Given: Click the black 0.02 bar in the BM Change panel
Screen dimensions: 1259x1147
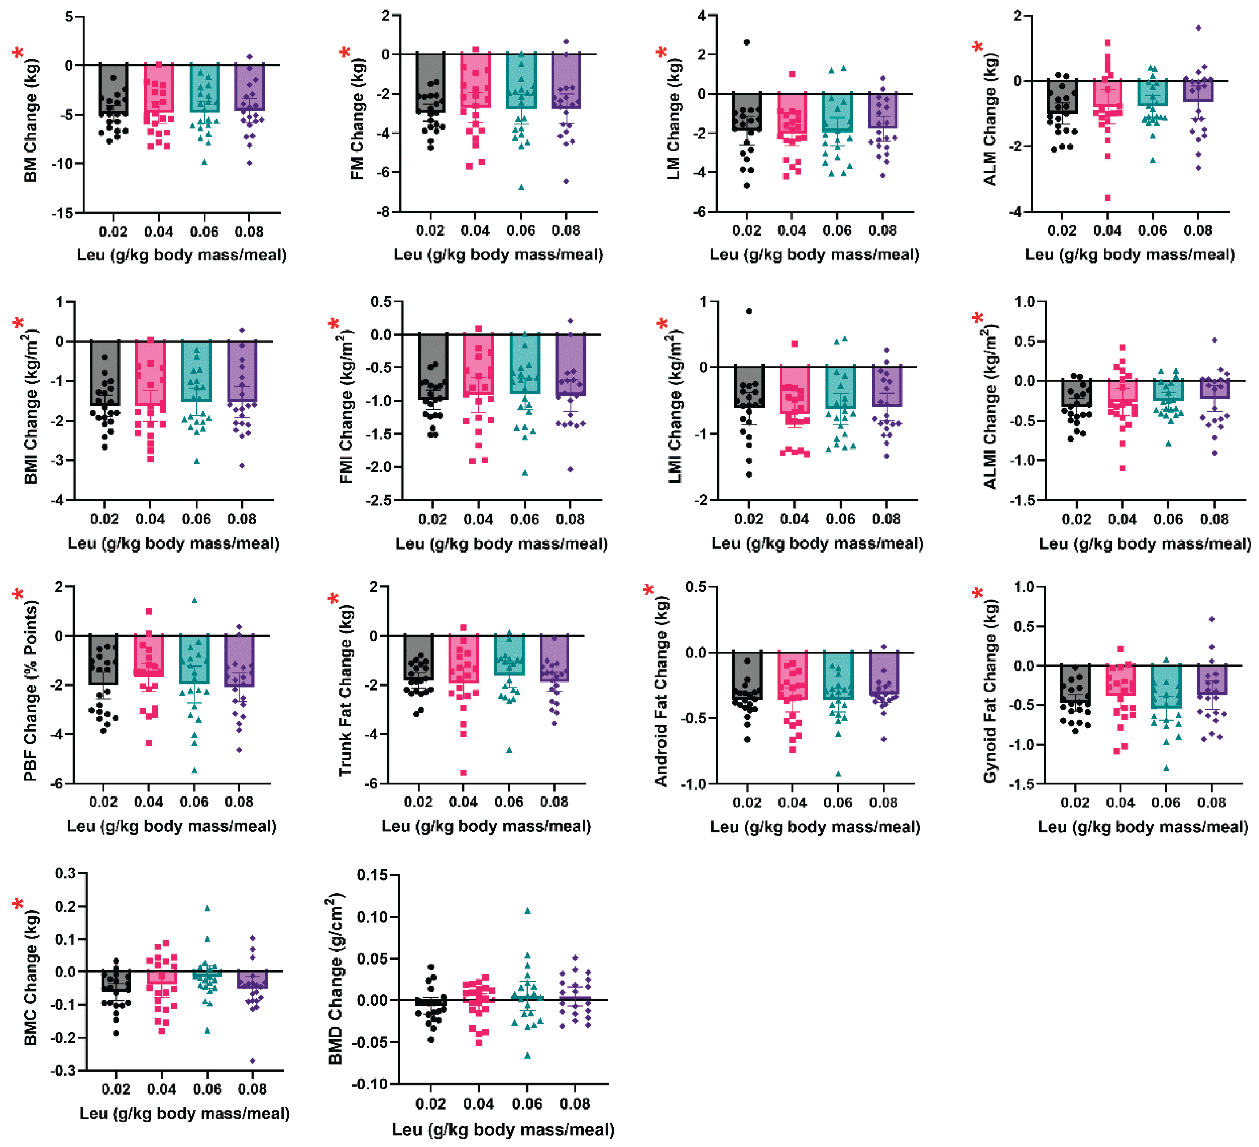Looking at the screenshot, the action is (x=113, y=89).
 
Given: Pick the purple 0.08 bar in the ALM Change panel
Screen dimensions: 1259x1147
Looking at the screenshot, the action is (x=1198, y=91).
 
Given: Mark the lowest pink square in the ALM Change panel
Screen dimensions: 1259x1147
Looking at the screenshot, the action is (x=1107, y=198).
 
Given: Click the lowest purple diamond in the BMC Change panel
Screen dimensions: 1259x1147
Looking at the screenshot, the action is (x=253, y=1061).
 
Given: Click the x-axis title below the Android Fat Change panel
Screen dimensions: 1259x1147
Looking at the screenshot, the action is (x=815, y=828).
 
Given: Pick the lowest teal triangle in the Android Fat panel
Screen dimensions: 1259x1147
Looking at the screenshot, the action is (x=838, y=774).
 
